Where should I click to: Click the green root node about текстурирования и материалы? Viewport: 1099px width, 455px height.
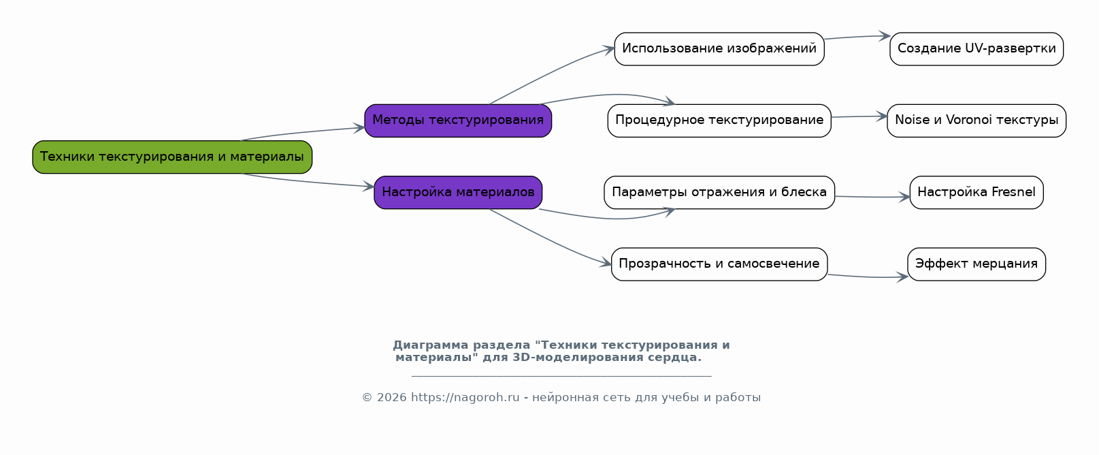click(x=172, y=157)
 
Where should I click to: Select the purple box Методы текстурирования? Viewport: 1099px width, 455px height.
click(x=458, y=121)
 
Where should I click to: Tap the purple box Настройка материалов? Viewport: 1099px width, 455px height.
click(x=458, y=192)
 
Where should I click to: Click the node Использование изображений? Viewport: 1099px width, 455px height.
click(x=719, y=49)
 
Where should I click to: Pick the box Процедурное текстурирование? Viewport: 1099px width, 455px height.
click(x=719, y=121)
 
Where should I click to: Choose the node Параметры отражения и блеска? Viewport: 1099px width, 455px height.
click(x=719, y=192)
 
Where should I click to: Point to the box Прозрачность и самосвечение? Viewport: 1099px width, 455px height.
click(x=719, y=264)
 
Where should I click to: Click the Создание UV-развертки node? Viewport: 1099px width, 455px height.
click(x=977, y=49)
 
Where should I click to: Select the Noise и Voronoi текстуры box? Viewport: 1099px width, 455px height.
click(x=977, y=121)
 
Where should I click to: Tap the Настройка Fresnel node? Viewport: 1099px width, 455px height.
click(x=977, y=192)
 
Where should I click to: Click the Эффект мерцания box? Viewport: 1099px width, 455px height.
click(x=977, y=264)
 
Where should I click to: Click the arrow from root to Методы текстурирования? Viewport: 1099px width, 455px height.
click(x=303, y=132)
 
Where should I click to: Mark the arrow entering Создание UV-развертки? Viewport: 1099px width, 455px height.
click(x=857, y=36)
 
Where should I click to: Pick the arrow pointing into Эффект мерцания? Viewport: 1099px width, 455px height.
click(x=868, y=277)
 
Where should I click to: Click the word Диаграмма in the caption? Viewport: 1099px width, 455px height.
click(x=431, y=345)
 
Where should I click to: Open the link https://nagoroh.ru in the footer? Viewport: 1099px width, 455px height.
click(x=465, y=398)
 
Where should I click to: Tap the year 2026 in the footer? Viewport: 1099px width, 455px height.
click(x=391, y=398)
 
